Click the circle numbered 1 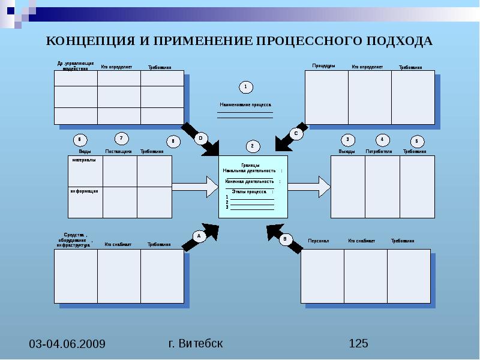(245, 88)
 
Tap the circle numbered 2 (252, 146)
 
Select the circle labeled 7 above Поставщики (121, 138)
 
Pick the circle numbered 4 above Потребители (382, 139)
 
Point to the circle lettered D (200, 139)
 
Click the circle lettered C (296, 134)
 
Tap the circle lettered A (198, 236)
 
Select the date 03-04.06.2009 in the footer (67, 344)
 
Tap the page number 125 (358, 343)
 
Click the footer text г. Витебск (196, 343)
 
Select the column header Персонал (318, 241)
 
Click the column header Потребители (378, 152)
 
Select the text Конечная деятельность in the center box (250, 181)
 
